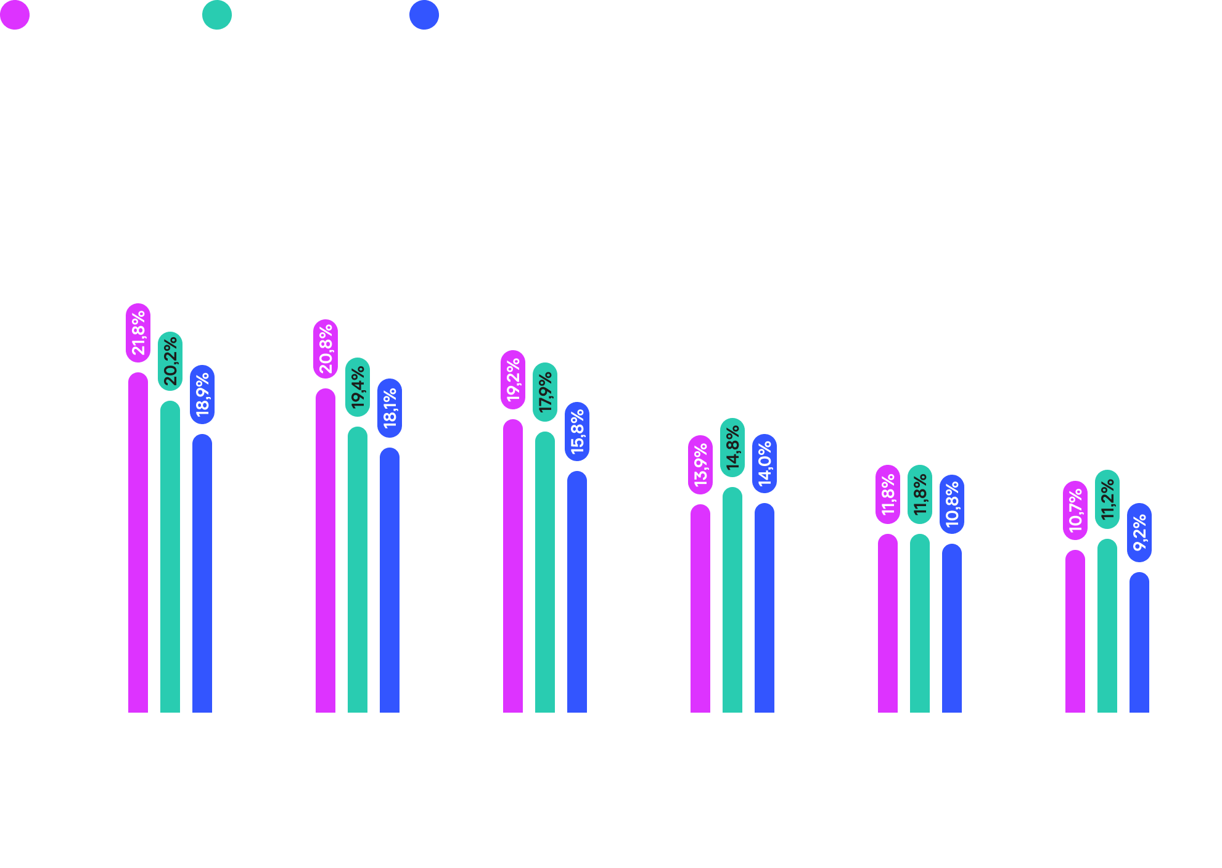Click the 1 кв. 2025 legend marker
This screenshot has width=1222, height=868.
point(15,15)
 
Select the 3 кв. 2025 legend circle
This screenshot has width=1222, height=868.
point(424,15)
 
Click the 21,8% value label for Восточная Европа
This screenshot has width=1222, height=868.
point(138,333)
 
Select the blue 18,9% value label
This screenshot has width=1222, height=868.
point(202,395)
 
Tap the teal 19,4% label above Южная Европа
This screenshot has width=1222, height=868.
point(358,387)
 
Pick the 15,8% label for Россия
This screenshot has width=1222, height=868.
point(577,432)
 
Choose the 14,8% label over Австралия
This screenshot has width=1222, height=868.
point(732,448)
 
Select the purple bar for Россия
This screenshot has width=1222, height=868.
point(513,567)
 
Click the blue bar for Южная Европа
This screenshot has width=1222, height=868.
point(390,579)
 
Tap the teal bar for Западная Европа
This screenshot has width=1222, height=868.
point(920,623)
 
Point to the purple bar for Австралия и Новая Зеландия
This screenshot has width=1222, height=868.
point(700,610)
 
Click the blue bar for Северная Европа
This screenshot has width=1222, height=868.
point(1139,644)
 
